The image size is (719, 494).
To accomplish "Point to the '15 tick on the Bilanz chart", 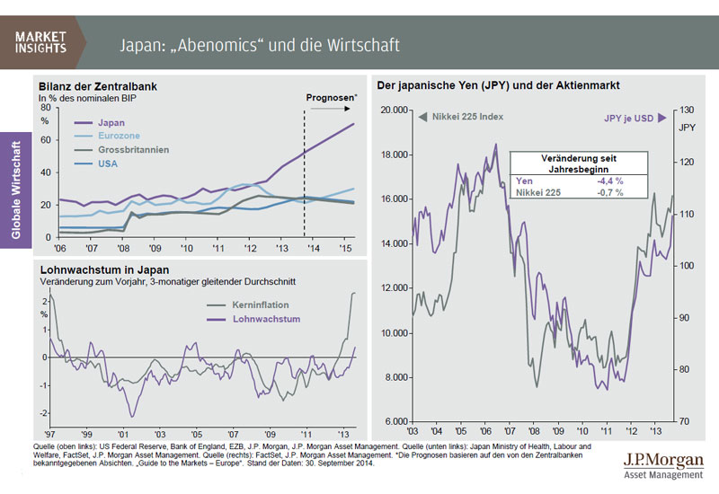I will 345,248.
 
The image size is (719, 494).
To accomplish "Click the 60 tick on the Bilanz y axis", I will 47,139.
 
